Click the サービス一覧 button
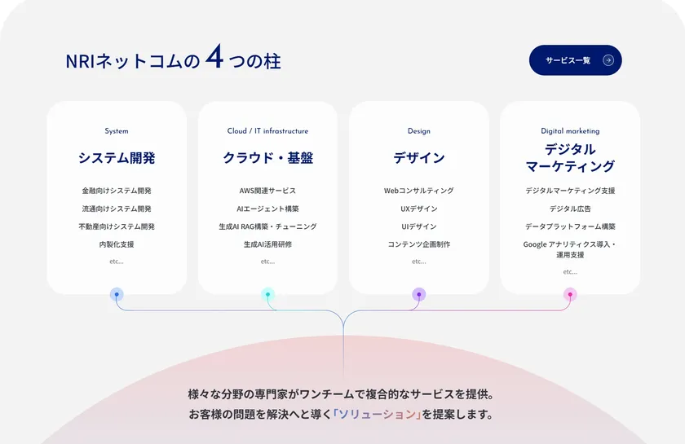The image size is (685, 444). [575, 60]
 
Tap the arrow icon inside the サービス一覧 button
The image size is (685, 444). [608, 60]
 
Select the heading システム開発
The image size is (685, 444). [117, 158]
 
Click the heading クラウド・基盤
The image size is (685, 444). [267, 158]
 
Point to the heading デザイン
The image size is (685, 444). [418, 158]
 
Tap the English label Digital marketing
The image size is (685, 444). [570, 130]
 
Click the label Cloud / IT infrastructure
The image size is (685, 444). [267, 130]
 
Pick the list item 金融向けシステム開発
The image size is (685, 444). [117, 191]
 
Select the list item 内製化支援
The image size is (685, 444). [117, 244]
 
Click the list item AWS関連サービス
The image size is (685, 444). [267, 191]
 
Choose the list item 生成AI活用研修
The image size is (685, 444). [267, 244]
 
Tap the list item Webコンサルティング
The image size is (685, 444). [418, 191]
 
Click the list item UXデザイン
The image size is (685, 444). [418, 209]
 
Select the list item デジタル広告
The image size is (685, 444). [570, 209]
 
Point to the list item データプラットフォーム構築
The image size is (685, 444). [570, 226]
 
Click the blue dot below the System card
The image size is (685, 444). [117, 294]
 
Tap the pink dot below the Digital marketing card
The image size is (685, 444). [570, 294]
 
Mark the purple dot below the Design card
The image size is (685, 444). [418, 294]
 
